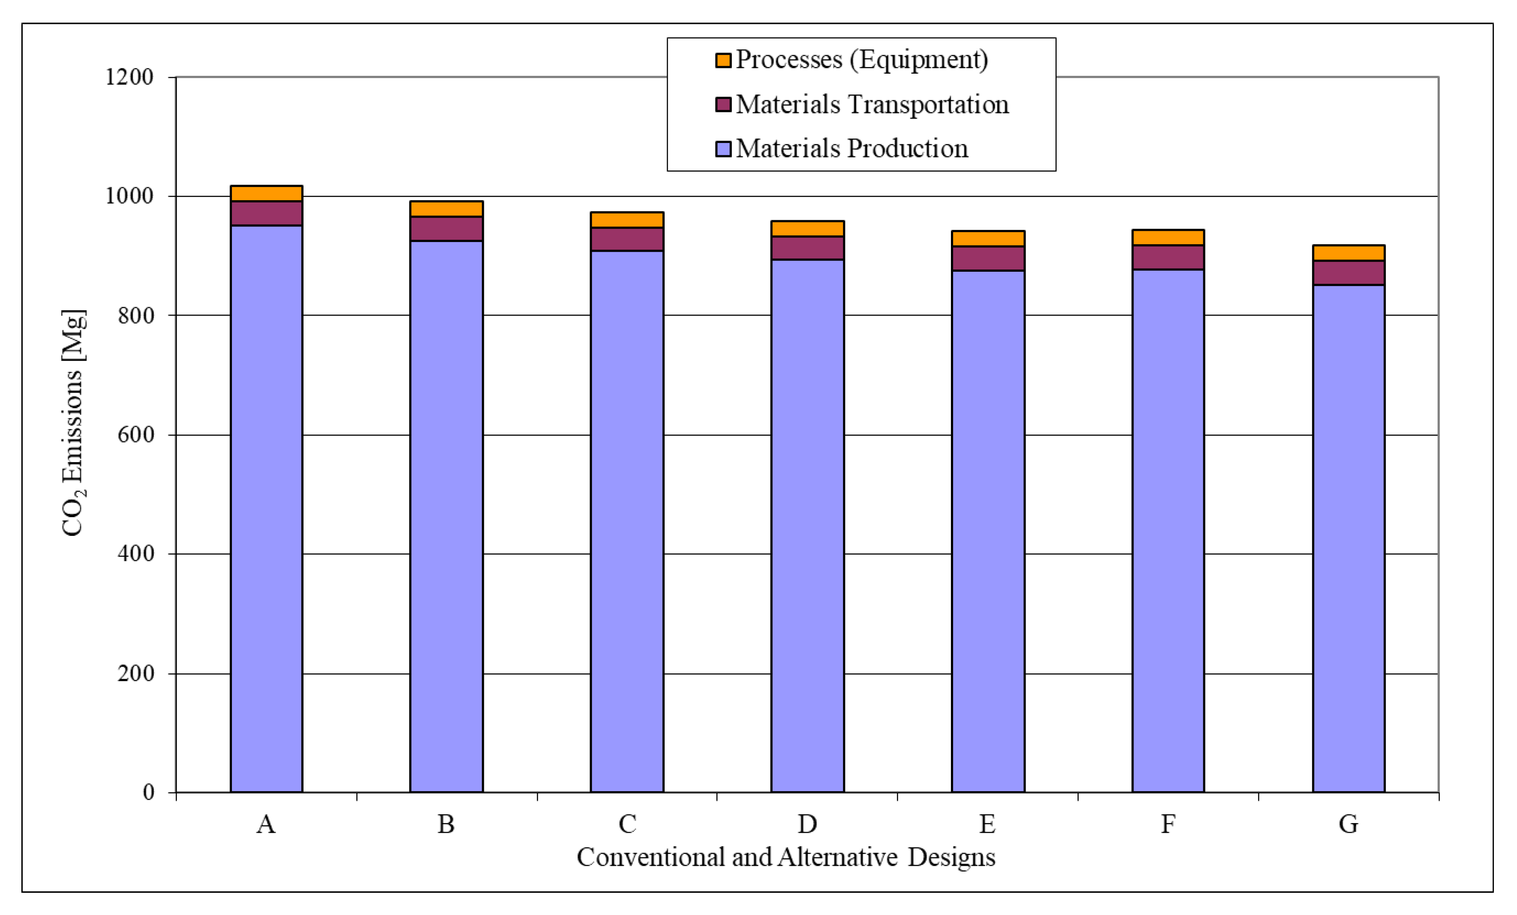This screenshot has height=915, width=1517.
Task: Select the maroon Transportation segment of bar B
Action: click(447, 228)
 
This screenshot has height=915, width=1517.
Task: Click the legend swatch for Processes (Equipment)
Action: click(723, 60)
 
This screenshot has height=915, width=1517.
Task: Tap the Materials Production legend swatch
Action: click(723, 149)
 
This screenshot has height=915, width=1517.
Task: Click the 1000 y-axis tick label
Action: click(129, 196)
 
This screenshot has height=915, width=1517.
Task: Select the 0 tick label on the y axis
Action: click(148, 792)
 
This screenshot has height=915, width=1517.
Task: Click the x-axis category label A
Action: click(266, 824)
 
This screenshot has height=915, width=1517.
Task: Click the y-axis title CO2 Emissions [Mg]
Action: click(73, 424)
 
